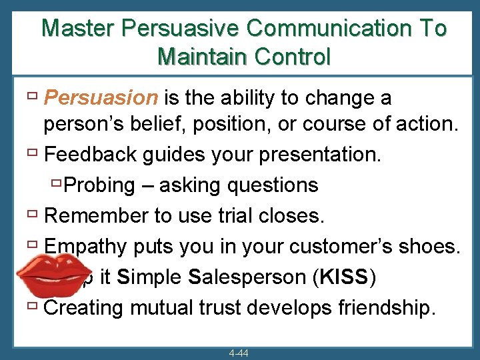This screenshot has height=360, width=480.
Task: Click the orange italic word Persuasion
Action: [x=100, y=98]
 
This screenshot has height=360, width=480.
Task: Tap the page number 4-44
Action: [x=237, y=353]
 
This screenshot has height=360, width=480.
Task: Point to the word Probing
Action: [x=101, y=185]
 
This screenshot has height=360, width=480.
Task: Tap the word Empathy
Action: [x=85, y=246]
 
